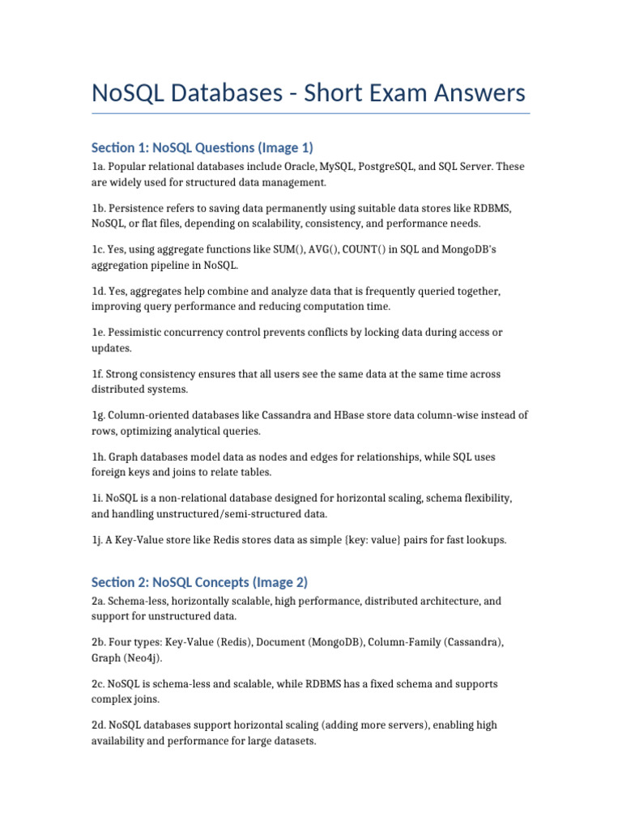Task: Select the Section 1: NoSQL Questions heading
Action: [202, 147]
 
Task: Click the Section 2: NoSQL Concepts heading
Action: [199, 582]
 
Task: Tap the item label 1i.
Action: [97, 498]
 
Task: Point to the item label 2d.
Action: [98, 725]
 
